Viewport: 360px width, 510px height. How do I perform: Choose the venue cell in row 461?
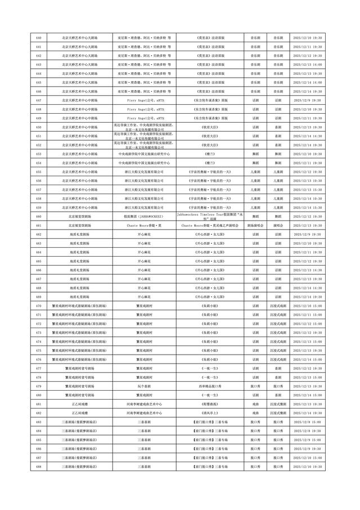tap(79, 225)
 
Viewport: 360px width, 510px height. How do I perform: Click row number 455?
tap(38, 171)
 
